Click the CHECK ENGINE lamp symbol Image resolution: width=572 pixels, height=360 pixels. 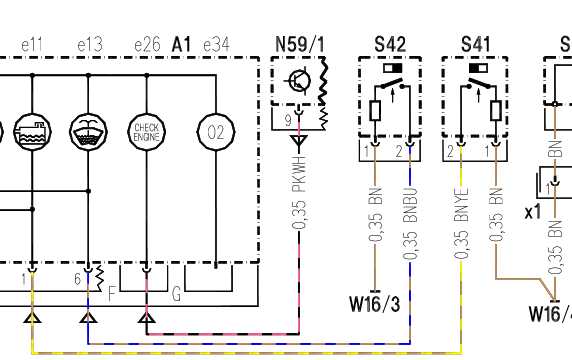tap(147, 132)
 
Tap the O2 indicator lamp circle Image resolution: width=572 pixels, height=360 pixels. tap(216, 132)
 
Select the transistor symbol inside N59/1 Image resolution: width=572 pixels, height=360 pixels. tap(299, 81)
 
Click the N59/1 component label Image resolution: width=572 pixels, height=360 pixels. tap(300, 44)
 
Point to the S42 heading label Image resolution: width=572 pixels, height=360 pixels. tap(390, 44)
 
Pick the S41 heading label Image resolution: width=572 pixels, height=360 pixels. tap(475, 44)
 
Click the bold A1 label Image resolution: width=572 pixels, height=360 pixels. tap(181, 44)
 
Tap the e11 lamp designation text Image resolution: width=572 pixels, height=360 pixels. tap(32, 45)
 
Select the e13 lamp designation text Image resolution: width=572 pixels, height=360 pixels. tap(90, 45)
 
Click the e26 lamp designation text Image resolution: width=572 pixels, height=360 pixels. tap(147, 45)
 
